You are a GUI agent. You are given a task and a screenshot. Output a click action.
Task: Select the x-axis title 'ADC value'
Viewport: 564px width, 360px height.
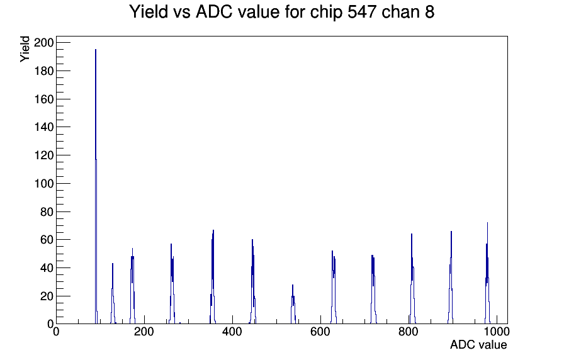[478, 345]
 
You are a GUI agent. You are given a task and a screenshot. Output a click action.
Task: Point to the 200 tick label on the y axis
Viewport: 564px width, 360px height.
[44, 43]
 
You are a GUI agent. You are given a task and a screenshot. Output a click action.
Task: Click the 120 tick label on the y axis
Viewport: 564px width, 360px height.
[44, 155]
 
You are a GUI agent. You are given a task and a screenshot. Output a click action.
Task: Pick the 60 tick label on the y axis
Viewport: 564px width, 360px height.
[47, 240]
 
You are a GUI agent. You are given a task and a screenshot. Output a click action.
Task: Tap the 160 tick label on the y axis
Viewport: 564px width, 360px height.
[44, 99]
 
